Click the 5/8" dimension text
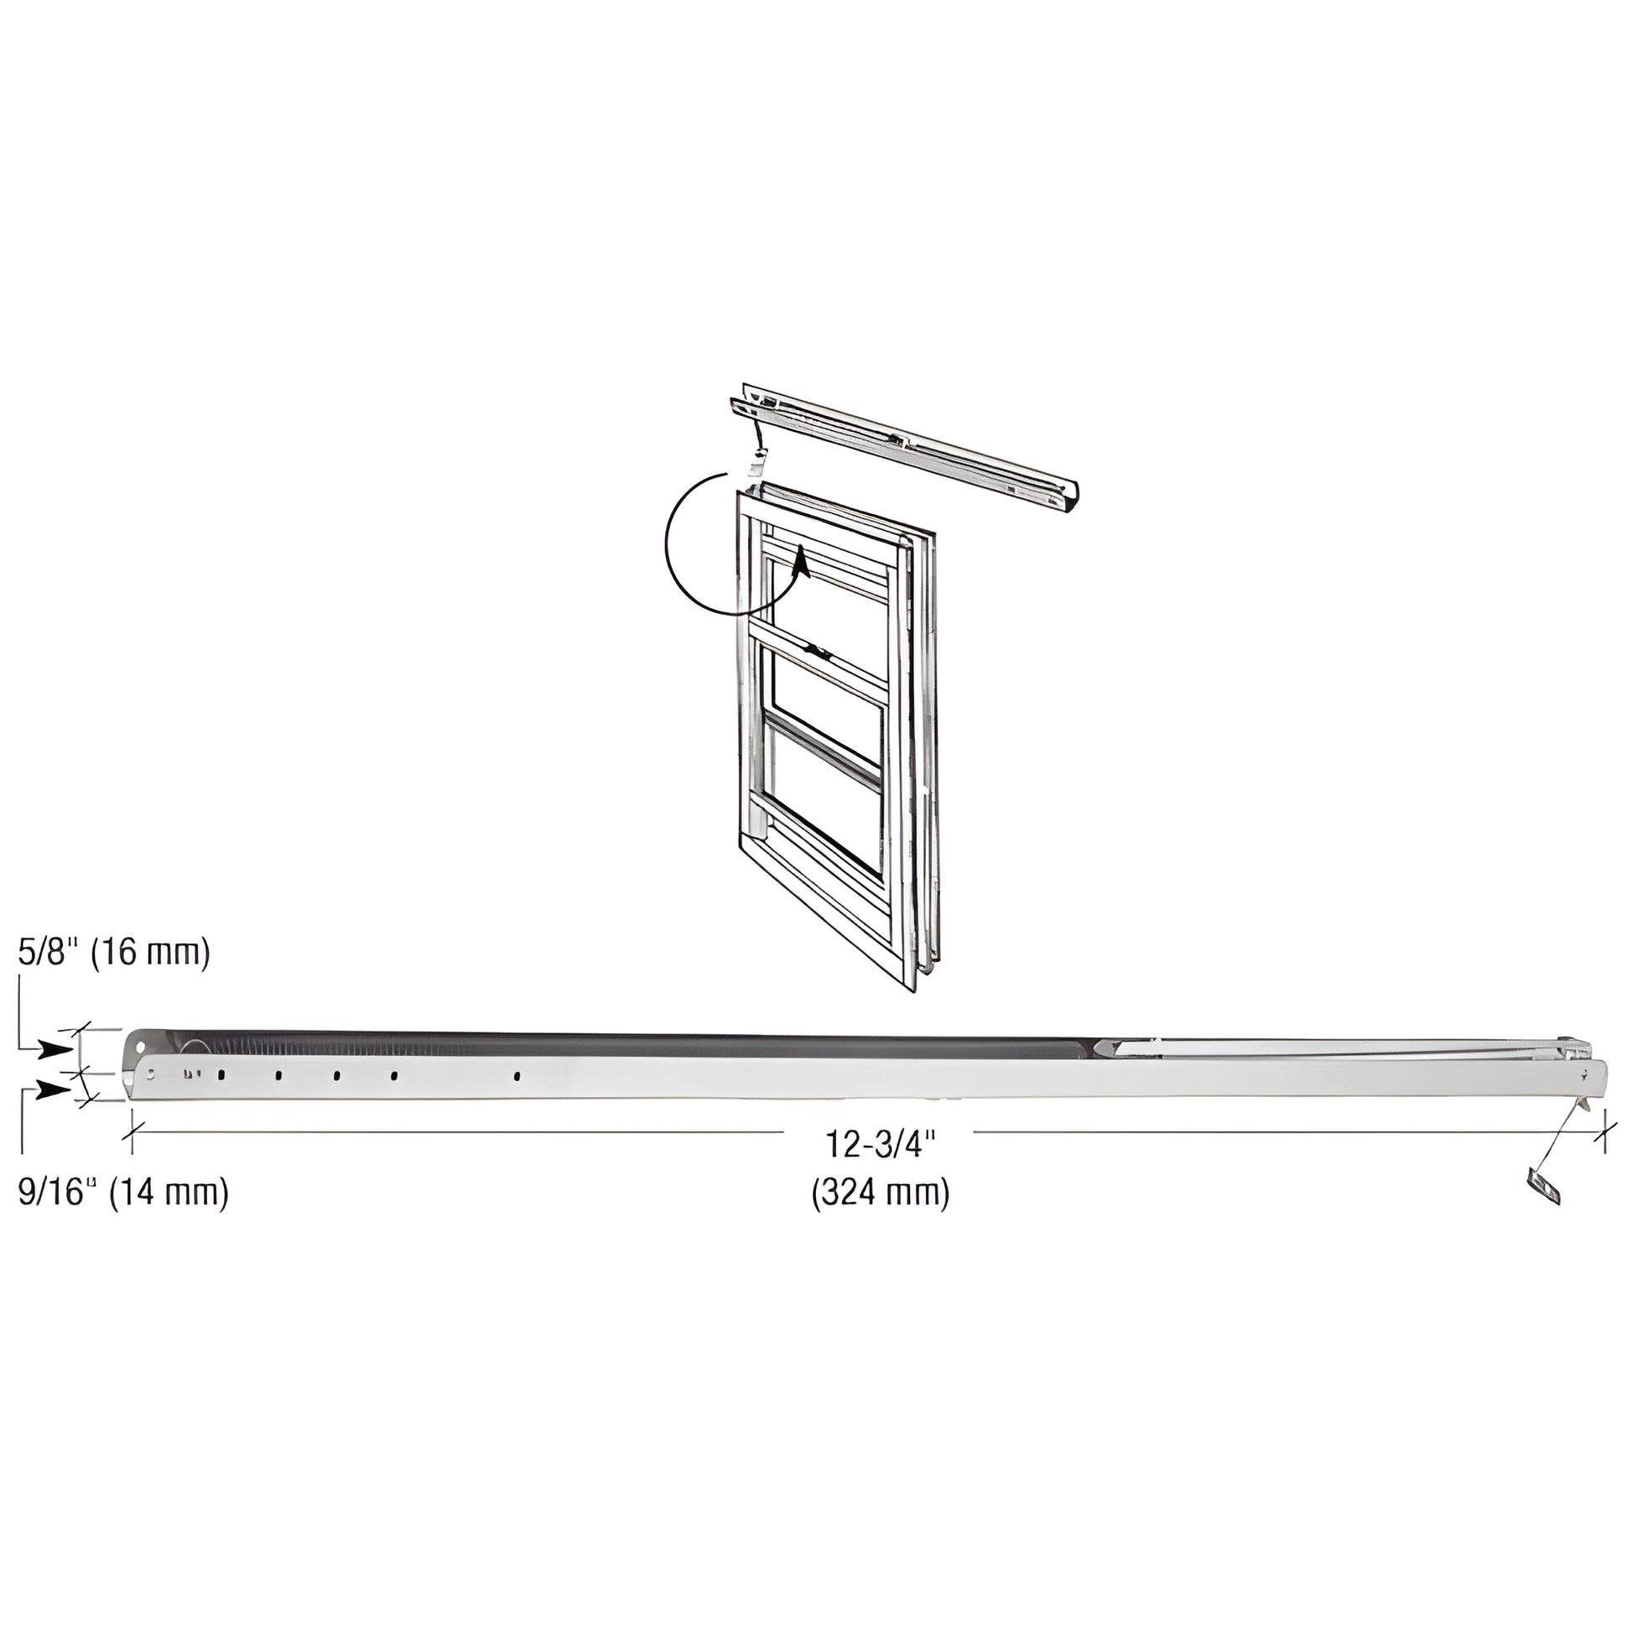pos(48,954)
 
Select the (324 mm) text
pos(881,1193)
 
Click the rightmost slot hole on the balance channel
pos(517,1077)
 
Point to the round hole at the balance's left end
pos(150,1076)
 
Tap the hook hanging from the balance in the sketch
pos(758,463)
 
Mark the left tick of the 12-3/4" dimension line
pos(132,1133)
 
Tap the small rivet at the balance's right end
pos(1585,1073)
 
